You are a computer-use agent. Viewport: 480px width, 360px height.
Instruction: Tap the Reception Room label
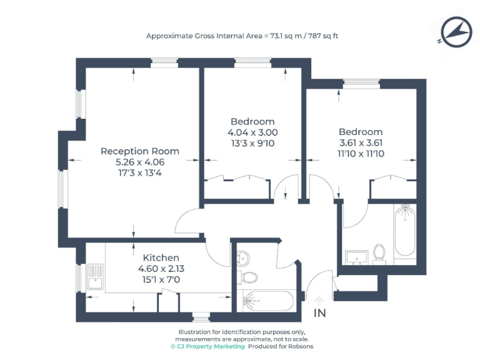[x=139, y=151]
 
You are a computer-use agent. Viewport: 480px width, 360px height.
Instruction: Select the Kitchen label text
[x=161, y=257]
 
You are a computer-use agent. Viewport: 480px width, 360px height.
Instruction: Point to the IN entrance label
[x=319, y=314]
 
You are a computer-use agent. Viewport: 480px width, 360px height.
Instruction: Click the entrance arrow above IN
[x=319, y=301]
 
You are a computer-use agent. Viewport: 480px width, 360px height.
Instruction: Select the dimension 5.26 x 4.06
[x=139, y=162]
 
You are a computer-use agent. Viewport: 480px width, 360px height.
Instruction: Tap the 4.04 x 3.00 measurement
[x=252, y=132]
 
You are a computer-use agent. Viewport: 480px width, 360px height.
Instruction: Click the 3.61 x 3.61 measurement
[x=360, y=143]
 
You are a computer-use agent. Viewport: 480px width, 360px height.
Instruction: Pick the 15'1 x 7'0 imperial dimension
[x=161, y=279]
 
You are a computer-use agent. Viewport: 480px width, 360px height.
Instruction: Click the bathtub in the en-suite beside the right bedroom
[x=404, y=231]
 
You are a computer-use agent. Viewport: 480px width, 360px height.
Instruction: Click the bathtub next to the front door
[x=261, y=301]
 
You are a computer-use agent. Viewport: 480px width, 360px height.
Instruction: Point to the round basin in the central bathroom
[x=244, y=257]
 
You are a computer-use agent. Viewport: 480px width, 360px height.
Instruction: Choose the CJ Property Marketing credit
[x=207, y=346]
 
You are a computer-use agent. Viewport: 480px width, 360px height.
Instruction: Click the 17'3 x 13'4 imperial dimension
[x=139, y=173]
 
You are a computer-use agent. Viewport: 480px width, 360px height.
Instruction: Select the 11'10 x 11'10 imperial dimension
[x=360, y=154]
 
